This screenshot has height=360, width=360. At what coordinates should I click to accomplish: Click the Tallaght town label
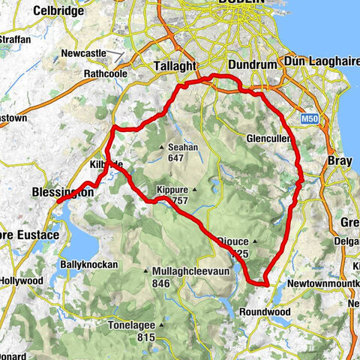178,65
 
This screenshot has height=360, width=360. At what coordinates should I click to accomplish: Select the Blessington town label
63,193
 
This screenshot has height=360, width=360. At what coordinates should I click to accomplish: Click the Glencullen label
268,139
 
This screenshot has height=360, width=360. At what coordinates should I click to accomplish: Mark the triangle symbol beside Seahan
162,148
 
